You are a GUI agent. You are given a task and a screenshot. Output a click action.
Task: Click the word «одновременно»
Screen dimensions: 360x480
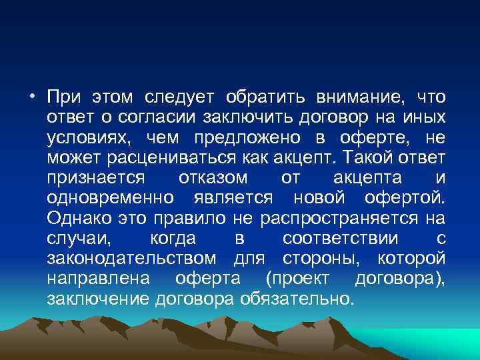pyautogui.click(x=111, y=198)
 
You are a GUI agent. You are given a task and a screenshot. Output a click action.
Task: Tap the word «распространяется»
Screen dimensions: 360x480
pyautogui.click(x=330, y=218)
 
